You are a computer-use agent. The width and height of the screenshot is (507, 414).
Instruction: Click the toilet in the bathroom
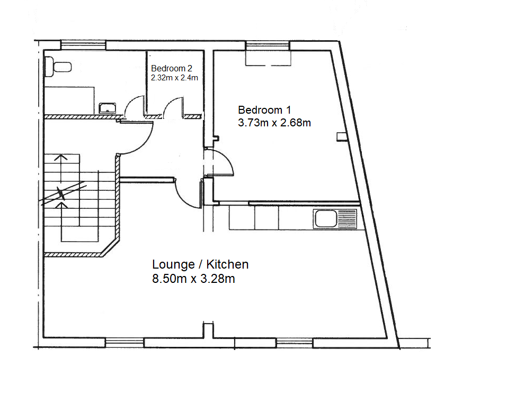[58, 66]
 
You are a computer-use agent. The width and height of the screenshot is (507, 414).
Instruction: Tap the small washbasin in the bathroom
[108, 108]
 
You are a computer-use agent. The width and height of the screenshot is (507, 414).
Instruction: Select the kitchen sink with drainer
[336, 218]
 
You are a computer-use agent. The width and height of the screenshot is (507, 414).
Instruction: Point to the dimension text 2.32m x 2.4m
[174, 78]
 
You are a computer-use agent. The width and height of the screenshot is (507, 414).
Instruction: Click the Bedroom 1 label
[264, 110]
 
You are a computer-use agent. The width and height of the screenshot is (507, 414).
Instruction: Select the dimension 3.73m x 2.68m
[274, 123]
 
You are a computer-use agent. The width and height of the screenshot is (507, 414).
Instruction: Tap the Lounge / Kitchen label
[200, 264]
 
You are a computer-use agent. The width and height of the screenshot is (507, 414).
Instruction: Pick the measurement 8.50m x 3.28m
[193, 279]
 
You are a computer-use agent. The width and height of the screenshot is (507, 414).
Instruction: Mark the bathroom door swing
[136, 106]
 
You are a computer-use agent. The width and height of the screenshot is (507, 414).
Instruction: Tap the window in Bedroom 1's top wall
[268, 46]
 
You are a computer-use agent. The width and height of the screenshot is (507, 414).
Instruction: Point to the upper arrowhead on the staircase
[62, 157]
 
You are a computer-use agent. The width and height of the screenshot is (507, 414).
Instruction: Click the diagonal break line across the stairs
[63, 194]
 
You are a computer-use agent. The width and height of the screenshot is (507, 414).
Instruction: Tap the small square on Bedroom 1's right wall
[340, 137]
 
